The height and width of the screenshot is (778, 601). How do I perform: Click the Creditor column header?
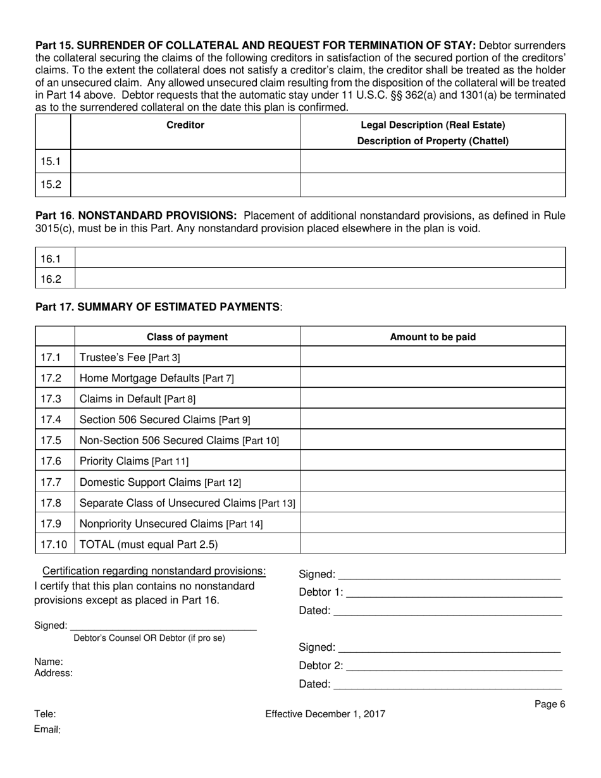(185, 125)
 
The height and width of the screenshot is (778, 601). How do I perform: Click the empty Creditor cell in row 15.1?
(185, 161)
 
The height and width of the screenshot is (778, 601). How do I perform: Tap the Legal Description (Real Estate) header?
(433, 125)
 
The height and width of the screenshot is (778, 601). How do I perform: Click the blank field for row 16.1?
(320, 258)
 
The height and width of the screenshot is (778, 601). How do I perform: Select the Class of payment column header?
(187, 337)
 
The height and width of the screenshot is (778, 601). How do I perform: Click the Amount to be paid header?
(433, 337)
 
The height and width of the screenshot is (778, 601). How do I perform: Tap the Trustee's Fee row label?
(130, 357)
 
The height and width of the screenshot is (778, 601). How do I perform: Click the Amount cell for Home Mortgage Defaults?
(433, 378)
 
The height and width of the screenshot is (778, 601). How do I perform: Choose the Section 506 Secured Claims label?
(164, 419)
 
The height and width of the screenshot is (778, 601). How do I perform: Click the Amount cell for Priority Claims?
(433, 461)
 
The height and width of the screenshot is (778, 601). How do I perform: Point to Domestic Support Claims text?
(160, 482)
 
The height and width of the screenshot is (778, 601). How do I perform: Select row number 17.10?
(54, 544)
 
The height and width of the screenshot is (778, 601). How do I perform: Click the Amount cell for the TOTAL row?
(433, 544)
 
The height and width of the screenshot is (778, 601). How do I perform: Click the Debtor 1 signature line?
(454, 593)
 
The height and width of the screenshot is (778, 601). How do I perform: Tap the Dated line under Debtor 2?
(447, 684)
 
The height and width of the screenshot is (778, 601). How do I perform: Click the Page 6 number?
(549, 705)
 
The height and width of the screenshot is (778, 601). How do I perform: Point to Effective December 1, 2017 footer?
(325, 715)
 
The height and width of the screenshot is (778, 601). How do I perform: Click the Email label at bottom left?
(47, 730)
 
